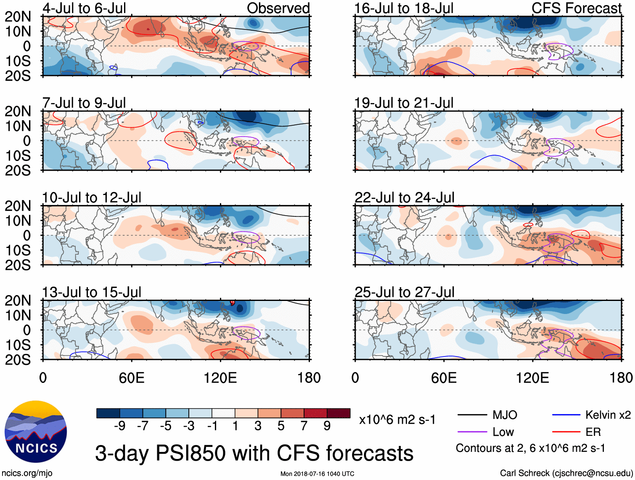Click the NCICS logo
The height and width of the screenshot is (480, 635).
tap(36, 432)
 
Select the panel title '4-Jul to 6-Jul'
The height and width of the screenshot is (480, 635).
tap(84, 8)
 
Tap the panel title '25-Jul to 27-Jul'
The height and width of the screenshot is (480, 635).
tap(404, 292)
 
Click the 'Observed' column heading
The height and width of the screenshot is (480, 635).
tap(278, 8)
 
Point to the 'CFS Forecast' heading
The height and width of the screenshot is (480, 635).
tap(576, 8)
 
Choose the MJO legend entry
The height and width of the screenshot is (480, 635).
tap(505, 415)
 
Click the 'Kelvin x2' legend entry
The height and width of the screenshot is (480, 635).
tap(608, 415)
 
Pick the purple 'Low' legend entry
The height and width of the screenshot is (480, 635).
tap(503, 432)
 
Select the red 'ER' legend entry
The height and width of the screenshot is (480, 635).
tap(593, 432)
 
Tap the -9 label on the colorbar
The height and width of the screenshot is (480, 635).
tap(119, 426)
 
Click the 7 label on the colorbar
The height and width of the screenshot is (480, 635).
tap(304, 426)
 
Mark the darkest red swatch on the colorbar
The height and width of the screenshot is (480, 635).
tap(339, 413)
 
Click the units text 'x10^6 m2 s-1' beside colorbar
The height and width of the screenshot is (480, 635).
tap(397, 419)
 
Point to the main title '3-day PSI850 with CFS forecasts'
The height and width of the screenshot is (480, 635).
tap(254, 454)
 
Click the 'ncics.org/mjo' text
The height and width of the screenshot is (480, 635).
tap(27, 473)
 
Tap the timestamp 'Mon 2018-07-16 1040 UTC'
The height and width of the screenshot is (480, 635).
tap(317, 474)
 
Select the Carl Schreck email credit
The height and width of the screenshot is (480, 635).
tap(566, 473)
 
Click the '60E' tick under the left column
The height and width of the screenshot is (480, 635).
tap(132, 378)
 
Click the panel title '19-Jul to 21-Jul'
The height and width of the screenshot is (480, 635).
tap(404, 103)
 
